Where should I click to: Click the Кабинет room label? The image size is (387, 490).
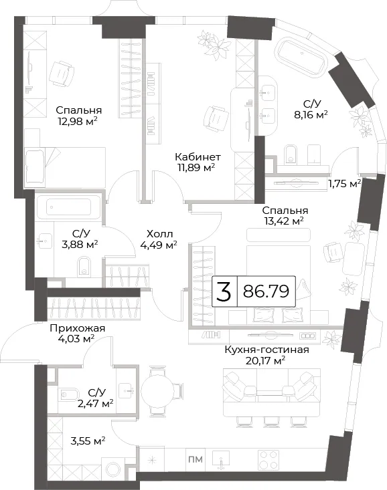point(198,156)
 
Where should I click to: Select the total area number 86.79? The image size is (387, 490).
point(266,291)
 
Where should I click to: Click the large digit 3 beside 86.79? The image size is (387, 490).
point(224,291)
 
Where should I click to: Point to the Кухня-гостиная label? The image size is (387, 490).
point(266,350)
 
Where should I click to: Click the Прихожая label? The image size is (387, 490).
point(78,328)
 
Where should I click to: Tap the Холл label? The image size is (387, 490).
point(159,233)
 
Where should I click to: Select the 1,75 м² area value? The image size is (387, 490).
point(344,183)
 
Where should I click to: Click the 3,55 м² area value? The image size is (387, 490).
point(88,441)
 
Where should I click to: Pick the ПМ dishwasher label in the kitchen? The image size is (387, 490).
point(196,459)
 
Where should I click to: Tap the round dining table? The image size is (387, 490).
point(157,391)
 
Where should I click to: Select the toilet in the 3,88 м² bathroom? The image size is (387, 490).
point(84,267)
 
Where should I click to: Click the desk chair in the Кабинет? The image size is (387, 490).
point(215,118)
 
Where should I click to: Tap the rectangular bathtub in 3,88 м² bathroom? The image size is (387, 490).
point(68,207)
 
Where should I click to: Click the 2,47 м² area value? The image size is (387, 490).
point(96,404)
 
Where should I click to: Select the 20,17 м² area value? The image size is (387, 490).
point(266,360)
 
